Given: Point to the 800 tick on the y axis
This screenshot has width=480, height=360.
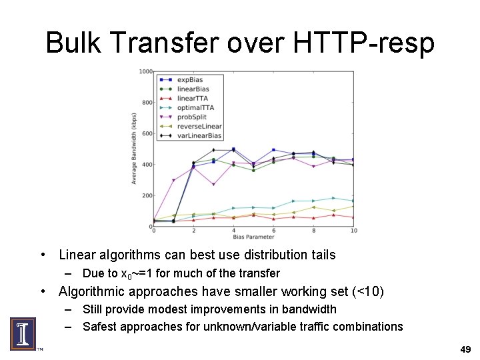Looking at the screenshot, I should pyautogui.click(x=147, y=103).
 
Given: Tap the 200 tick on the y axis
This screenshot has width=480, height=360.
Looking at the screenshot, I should pyautogui.click(x=147, y=196).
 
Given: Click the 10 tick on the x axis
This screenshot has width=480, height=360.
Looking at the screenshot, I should pyautogui.click(x=353, y=231).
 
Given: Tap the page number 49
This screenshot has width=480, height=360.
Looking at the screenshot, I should pyautogui.click(x=465, y=349).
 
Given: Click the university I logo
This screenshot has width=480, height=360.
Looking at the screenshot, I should pyautogui.click(x=23, y=333).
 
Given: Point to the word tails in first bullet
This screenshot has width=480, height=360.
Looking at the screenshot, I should pyautogui.click(x=321, y=255).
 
